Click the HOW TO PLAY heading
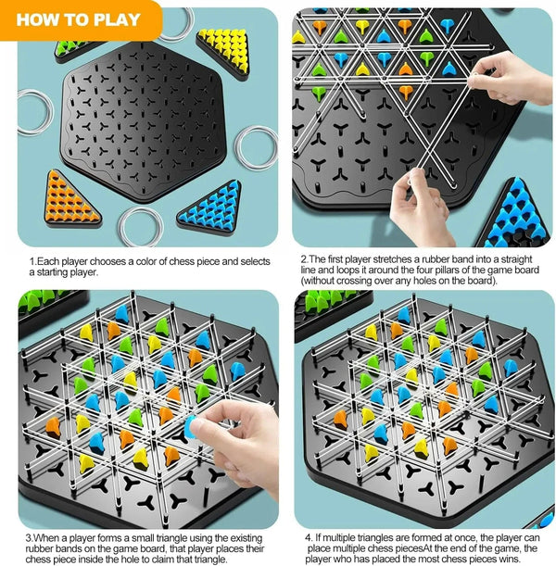pyautogui.click(x=78, y=19)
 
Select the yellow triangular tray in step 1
pyautogui.click(x=225, y=49)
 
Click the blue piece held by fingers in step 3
pyautogui.click(x=193, y=423)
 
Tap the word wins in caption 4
pyautogui.click(x=518, y=559)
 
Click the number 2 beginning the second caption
pyautogui.click(x=303, y=259)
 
